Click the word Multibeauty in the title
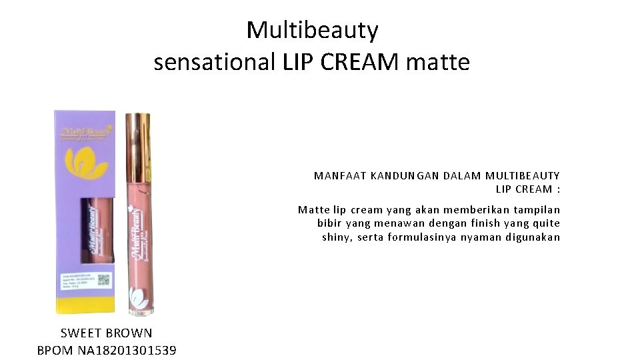point(312,31)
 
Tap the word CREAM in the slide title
point(360,62)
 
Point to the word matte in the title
point(437,62)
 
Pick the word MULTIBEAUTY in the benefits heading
point(523,176)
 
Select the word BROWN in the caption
point(129,333)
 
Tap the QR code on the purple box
point(103,279)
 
